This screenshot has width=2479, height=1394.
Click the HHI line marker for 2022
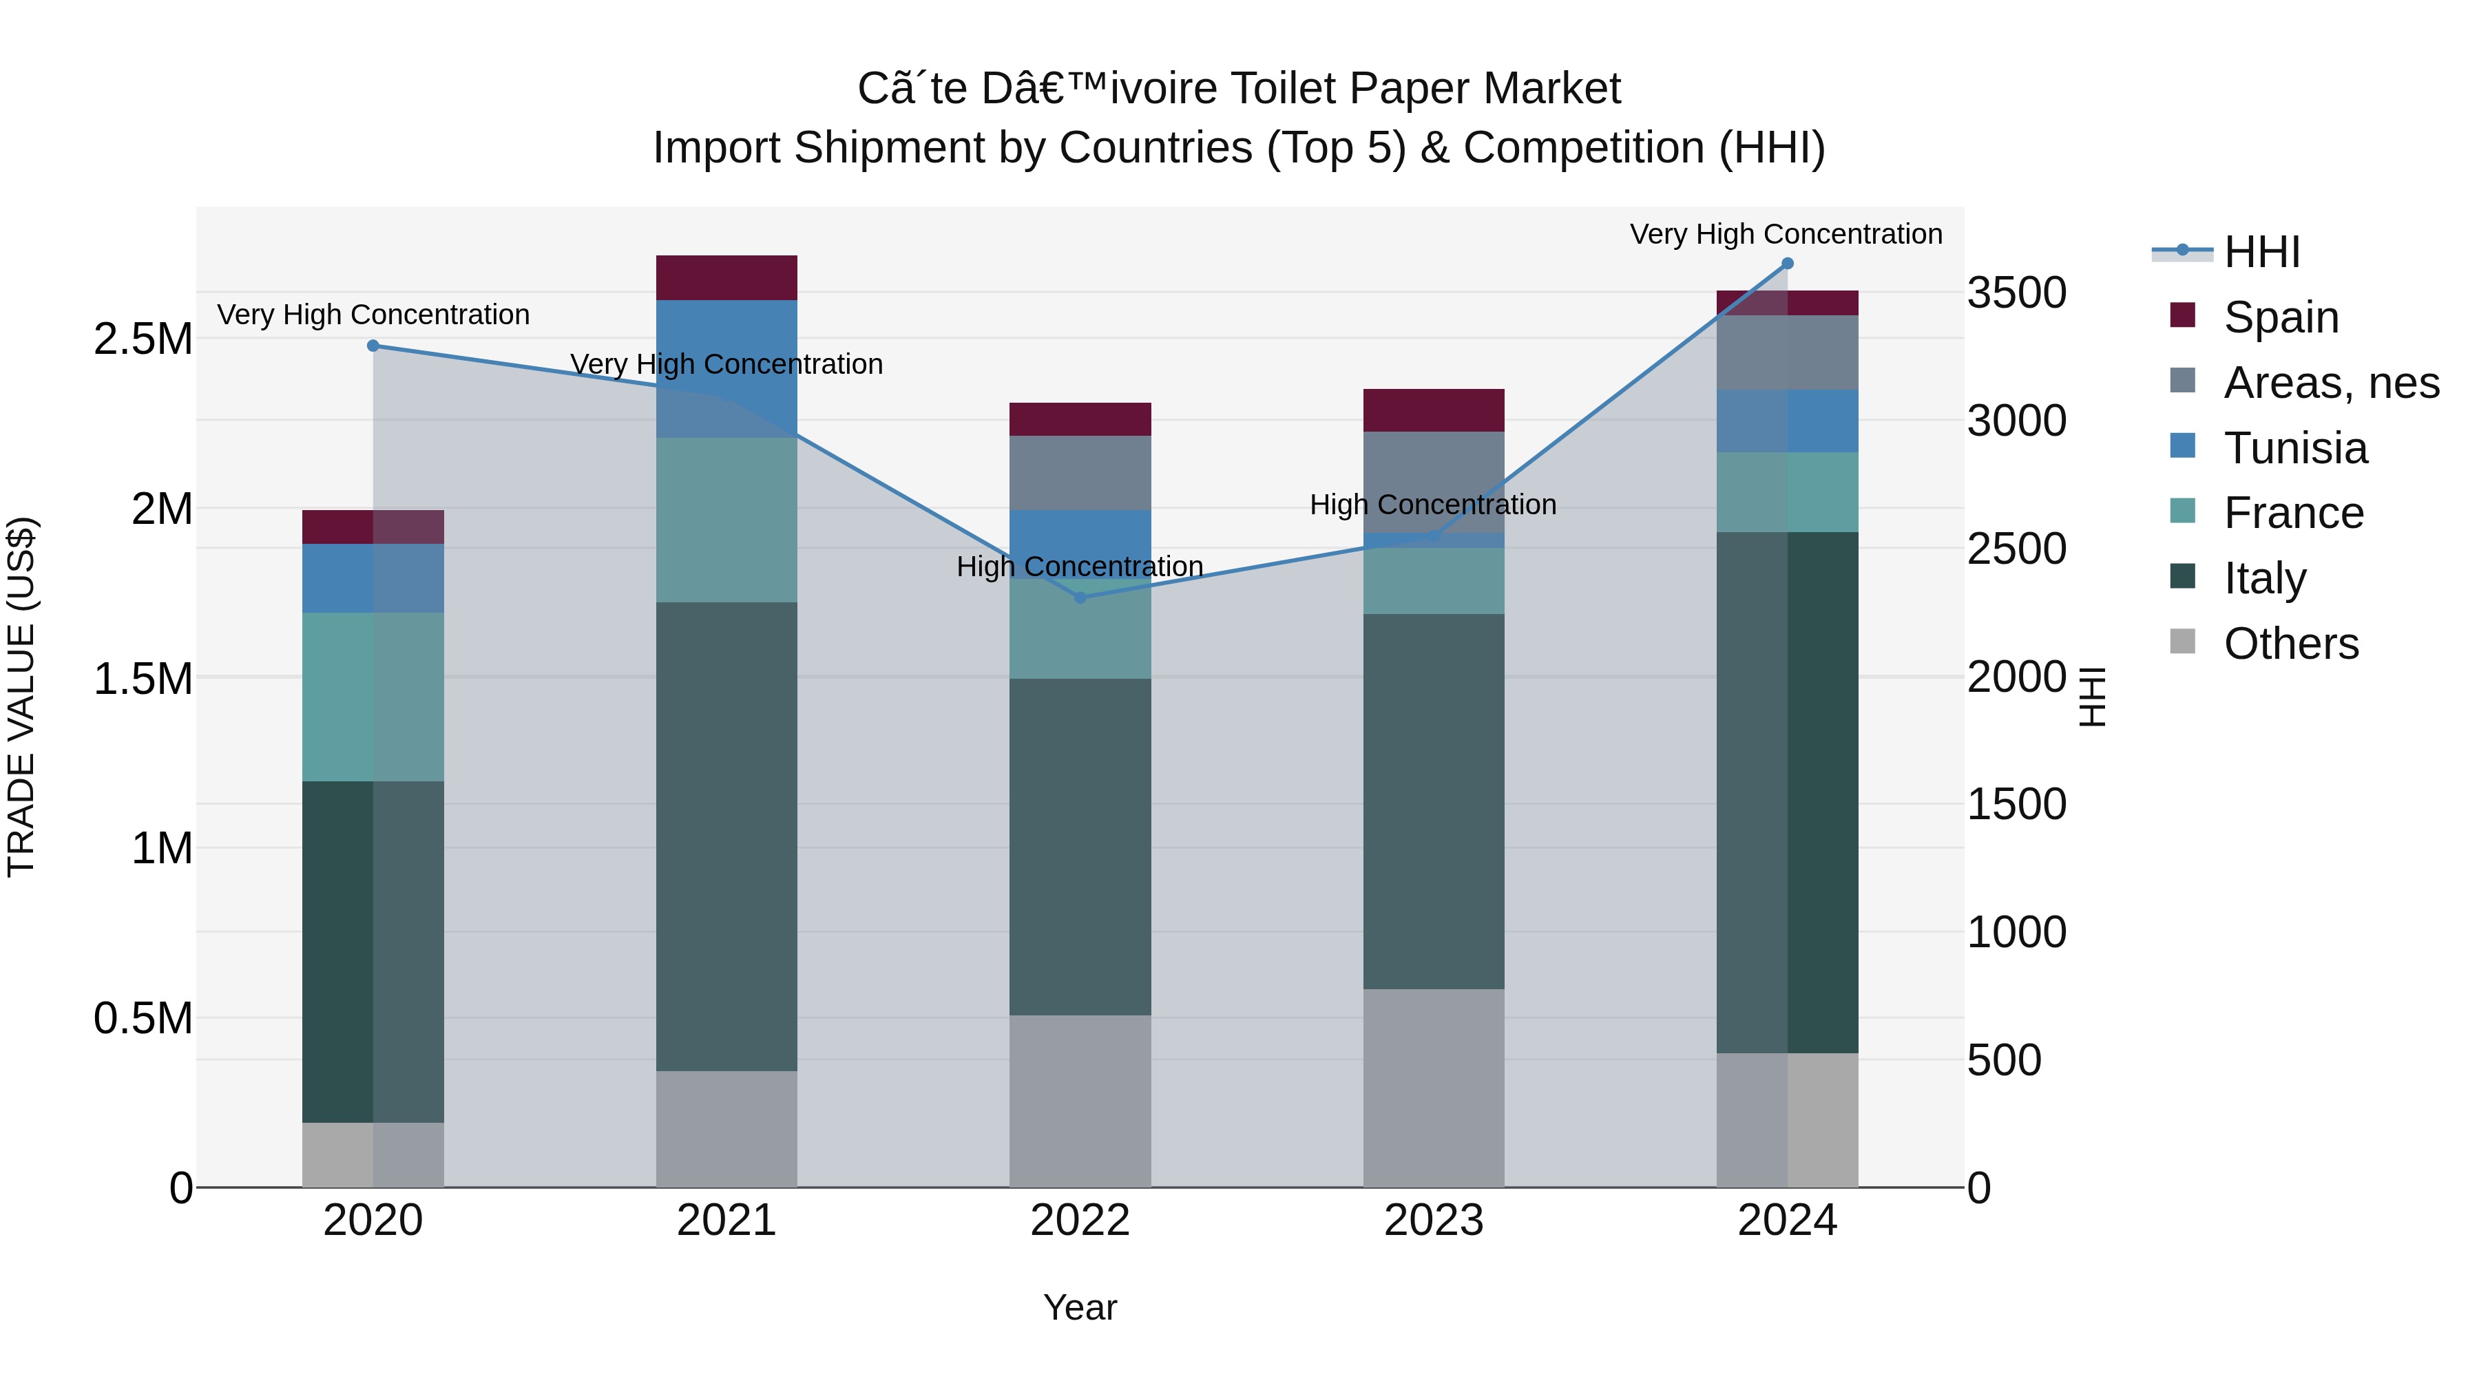tap(1080, 598)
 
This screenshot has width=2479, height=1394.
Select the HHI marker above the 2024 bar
tap(1787, 264)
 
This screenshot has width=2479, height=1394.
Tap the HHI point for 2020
tap(373, 346)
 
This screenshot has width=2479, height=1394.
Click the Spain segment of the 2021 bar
tap(726, 278)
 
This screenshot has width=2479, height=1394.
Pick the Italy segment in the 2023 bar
tap(1433, 801)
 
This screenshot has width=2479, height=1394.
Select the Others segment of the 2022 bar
tap(1080, 1101)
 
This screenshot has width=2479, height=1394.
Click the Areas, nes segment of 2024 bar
tap(1787, 352)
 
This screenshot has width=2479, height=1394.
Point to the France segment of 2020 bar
tap(373, 697)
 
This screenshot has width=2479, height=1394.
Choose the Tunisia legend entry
tap(2295, 448)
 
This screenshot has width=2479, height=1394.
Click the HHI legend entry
tap(2261, 252)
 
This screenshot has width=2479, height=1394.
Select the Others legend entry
tap(2290, 644)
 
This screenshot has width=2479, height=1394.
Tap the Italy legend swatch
tap(2183, 578)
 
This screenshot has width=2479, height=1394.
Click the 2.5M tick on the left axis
tap(143, 339)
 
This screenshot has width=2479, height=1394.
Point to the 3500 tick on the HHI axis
tap(2016, 293)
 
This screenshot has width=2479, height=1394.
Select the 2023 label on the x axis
tap(1433, 1221)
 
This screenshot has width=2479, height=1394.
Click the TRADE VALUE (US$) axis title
tap(21, 697)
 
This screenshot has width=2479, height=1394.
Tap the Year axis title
tap(1080, 1307)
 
